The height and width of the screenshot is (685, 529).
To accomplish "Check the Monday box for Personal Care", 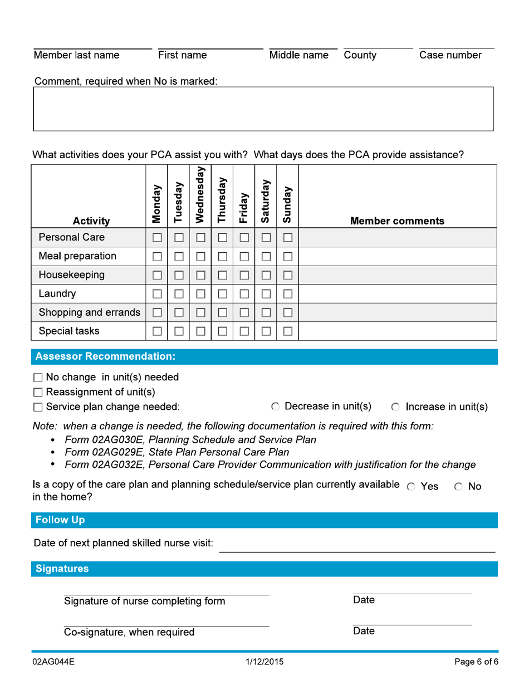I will click(156, 238).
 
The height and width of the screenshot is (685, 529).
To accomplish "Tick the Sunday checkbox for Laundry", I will click(287, 294).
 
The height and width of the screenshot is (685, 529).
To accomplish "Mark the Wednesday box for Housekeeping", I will click(200, 276).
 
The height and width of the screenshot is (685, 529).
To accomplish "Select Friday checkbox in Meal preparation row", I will click(244, 257).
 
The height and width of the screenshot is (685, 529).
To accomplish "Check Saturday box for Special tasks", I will click(266, 331).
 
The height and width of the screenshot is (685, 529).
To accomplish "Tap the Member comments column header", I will click(397, 221).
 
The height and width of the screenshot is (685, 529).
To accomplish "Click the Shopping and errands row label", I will click(89, 312).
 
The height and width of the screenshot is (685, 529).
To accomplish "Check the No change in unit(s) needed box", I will click(38, 378).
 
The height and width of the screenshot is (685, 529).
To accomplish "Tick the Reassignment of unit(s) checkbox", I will click(38, 392).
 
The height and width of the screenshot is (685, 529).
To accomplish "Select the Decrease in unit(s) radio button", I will click(275, 407).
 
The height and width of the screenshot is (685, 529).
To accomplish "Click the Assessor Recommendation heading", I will click(105, 356).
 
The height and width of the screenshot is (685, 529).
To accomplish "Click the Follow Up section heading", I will click(60, 520).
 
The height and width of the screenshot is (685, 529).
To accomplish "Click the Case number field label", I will click(450, 56).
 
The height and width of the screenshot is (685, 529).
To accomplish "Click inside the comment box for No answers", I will click(263, 109).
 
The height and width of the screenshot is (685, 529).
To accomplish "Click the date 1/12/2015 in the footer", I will click(264, 663).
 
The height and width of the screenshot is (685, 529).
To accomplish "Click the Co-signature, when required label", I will click(129, 632).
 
